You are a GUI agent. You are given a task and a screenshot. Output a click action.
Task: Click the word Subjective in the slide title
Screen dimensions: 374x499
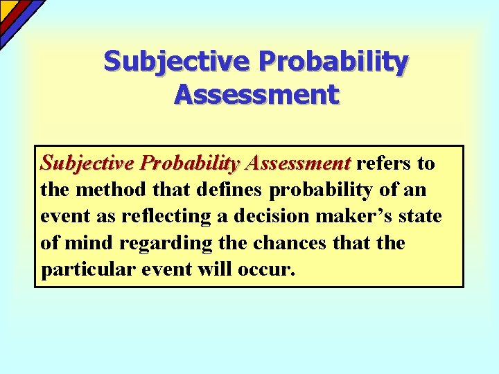click(x=178, y=62)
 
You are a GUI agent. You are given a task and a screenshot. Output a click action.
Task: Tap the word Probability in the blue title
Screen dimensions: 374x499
click(x=333, y=62)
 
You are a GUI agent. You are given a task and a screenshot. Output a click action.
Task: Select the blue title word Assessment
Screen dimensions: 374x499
click(x=256, y=93)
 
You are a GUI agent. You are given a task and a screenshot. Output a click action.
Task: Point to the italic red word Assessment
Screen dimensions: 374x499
click(x=299, y=163)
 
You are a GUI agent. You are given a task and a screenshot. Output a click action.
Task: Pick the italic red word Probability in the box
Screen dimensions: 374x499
click(x=189, y=163)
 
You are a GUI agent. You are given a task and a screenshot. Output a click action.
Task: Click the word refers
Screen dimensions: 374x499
click(x=384, y=163)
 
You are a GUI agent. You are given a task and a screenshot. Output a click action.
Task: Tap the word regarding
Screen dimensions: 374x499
click(x=155, y=244)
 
